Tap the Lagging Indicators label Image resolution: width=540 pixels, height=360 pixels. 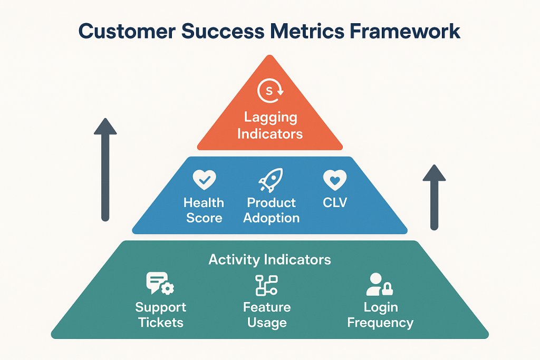point(269,125)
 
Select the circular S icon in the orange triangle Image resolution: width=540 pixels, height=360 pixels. point(269,91)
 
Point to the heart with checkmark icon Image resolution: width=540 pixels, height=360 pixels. point(204,180)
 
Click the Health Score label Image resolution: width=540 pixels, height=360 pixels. point(204,210)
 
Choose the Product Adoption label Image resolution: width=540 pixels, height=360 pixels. point(271,210)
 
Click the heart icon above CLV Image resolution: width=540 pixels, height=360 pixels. point(334,180)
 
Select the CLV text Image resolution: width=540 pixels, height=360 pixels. point(335,203)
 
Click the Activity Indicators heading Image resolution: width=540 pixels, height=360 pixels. point(269,259)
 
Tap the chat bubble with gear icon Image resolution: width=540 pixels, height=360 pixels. point(160,284)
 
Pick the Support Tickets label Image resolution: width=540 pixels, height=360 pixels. point(160,315)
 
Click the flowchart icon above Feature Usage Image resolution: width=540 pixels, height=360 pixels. point(266,285)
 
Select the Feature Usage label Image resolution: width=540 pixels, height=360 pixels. point(267,315)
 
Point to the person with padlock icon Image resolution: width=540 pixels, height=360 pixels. point(379,284)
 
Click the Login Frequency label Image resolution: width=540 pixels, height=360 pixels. point(380,315)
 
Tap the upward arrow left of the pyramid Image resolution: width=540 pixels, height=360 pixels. point(105,169)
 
